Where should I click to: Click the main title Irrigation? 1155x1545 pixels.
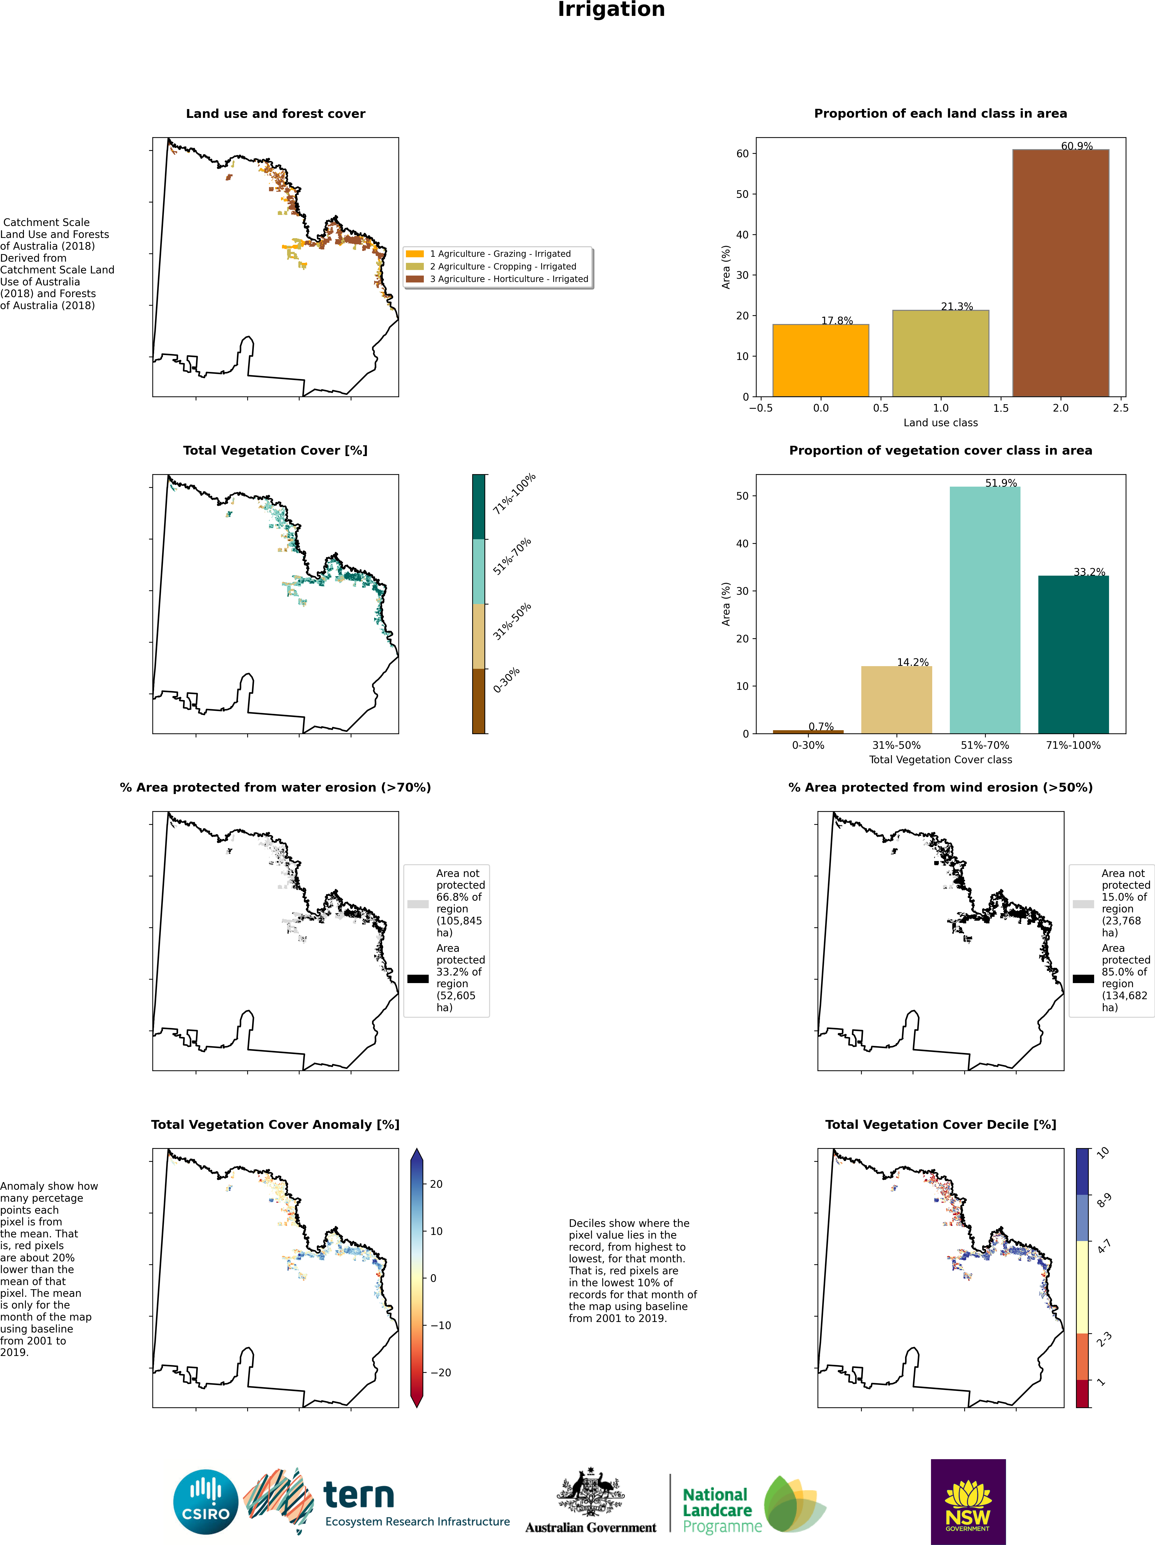[611, 10]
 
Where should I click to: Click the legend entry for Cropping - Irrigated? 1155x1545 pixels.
[503, 266]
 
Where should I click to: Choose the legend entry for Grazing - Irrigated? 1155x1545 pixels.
[500, 254]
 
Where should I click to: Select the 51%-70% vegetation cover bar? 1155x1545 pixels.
[985, 610]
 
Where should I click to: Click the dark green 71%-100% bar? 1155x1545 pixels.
[1073, 654]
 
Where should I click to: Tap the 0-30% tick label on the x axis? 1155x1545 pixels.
[808, 745]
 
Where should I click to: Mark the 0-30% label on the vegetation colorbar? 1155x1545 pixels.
[506, 680]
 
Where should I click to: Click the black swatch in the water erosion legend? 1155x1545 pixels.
[418, 979]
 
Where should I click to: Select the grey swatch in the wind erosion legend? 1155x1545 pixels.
[1083, 904]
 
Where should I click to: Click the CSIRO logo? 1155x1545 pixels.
[206, 1502]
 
